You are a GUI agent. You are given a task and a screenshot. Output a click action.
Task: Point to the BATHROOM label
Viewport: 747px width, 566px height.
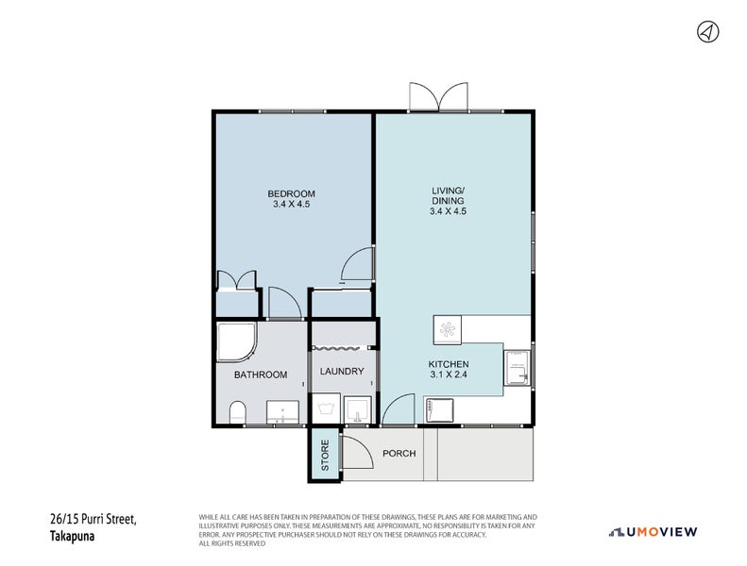pos(261,375)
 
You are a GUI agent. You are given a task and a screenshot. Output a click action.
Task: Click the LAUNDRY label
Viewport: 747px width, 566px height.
pos(341,371)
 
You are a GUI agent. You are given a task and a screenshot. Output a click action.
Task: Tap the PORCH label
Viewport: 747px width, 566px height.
pos(399,453)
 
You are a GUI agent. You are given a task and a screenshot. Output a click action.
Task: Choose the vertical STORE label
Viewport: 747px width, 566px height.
pos(325,454)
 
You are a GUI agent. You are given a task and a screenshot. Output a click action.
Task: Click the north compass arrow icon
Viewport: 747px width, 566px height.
pos(706,32)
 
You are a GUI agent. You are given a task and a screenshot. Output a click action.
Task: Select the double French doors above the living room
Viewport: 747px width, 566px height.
pos(438,96)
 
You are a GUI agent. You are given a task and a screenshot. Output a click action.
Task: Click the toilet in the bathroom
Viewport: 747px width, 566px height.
pos(237,412)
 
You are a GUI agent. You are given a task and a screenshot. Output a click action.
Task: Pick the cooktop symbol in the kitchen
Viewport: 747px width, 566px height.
pos(447,329)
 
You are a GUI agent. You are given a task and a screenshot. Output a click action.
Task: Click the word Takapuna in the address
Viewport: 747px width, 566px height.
pos(74,536)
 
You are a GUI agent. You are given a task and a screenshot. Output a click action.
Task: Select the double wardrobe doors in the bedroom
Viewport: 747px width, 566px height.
pos(236,280)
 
